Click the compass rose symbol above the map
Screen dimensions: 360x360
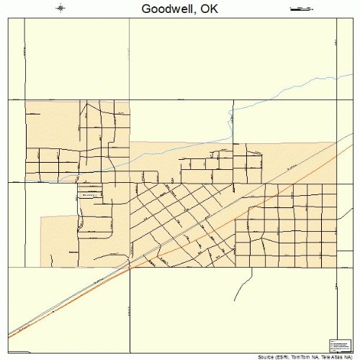tap(60, 9)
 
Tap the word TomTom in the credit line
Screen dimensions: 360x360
tap(302, 356)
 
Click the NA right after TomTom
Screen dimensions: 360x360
tap(315, 356)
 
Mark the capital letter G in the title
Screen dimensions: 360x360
tap(147, 9)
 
